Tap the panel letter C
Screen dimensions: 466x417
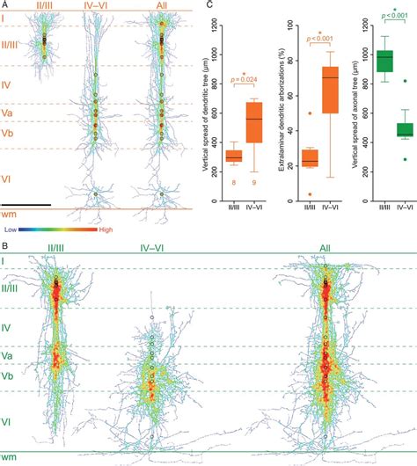208,5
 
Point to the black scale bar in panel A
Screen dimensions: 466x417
26,205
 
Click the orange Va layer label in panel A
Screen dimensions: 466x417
8,113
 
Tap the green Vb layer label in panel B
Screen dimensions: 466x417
8,376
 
